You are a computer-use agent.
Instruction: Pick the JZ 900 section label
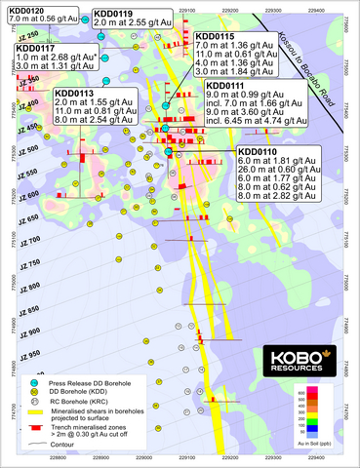tap(29, 329)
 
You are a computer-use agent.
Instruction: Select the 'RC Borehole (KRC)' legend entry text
tap(98, 406)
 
